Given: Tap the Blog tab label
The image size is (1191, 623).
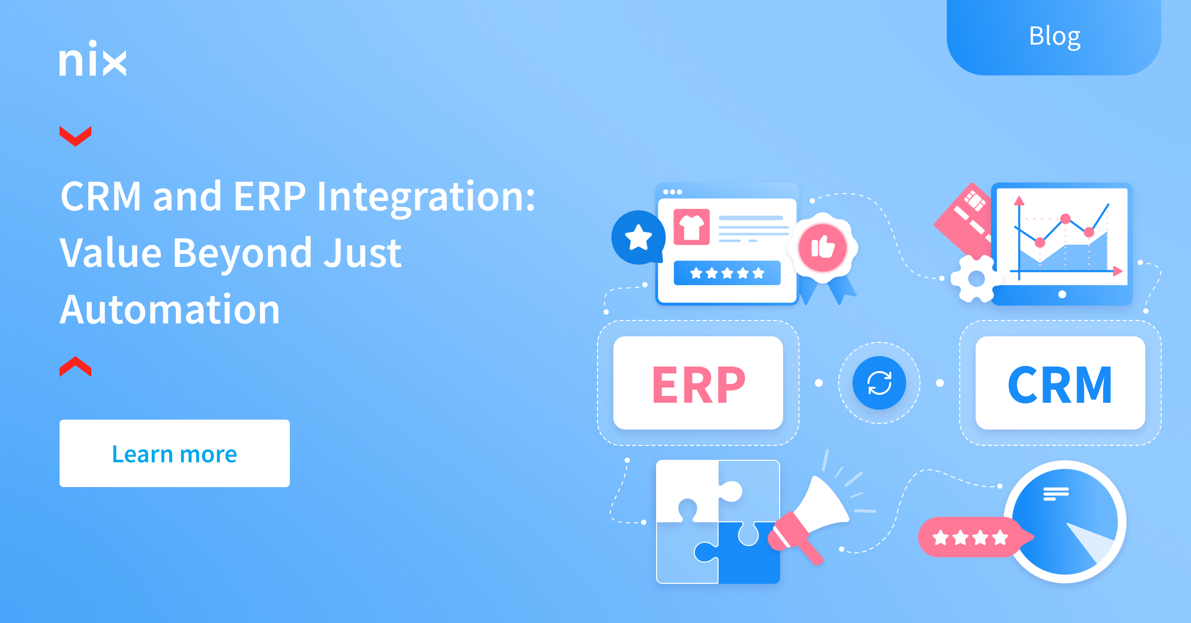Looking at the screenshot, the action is click(x=1055, y=36).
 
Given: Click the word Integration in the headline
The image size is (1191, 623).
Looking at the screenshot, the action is click(x=426, y=197).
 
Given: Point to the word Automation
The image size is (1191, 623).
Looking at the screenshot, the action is click(x=170, y=310).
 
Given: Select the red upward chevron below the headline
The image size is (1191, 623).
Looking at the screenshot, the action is click(x=75, y=367).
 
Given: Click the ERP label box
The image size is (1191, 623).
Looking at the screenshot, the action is click(x=698, y=383).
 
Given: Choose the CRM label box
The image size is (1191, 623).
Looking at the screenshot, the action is click(x=1060, y=383).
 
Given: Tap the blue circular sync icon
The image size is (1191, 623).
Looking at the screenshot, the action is click(x=879, y=383).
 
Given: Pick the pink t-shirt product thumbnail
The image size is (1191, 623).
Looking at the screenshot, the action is click(x=691, y=227).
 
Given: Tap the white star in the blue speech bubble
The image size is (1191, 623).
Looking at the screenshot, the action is click(x=638, y=237).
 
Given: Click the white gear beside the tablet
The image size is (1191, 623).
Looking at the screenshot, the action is click(x=976, y=278).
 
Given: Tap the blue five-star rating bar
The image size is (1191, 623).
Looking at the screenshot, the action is click(x=727, y=273).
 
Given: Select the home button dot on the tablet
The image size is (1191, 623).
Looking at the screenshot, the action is click(x=1062, y=294).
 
